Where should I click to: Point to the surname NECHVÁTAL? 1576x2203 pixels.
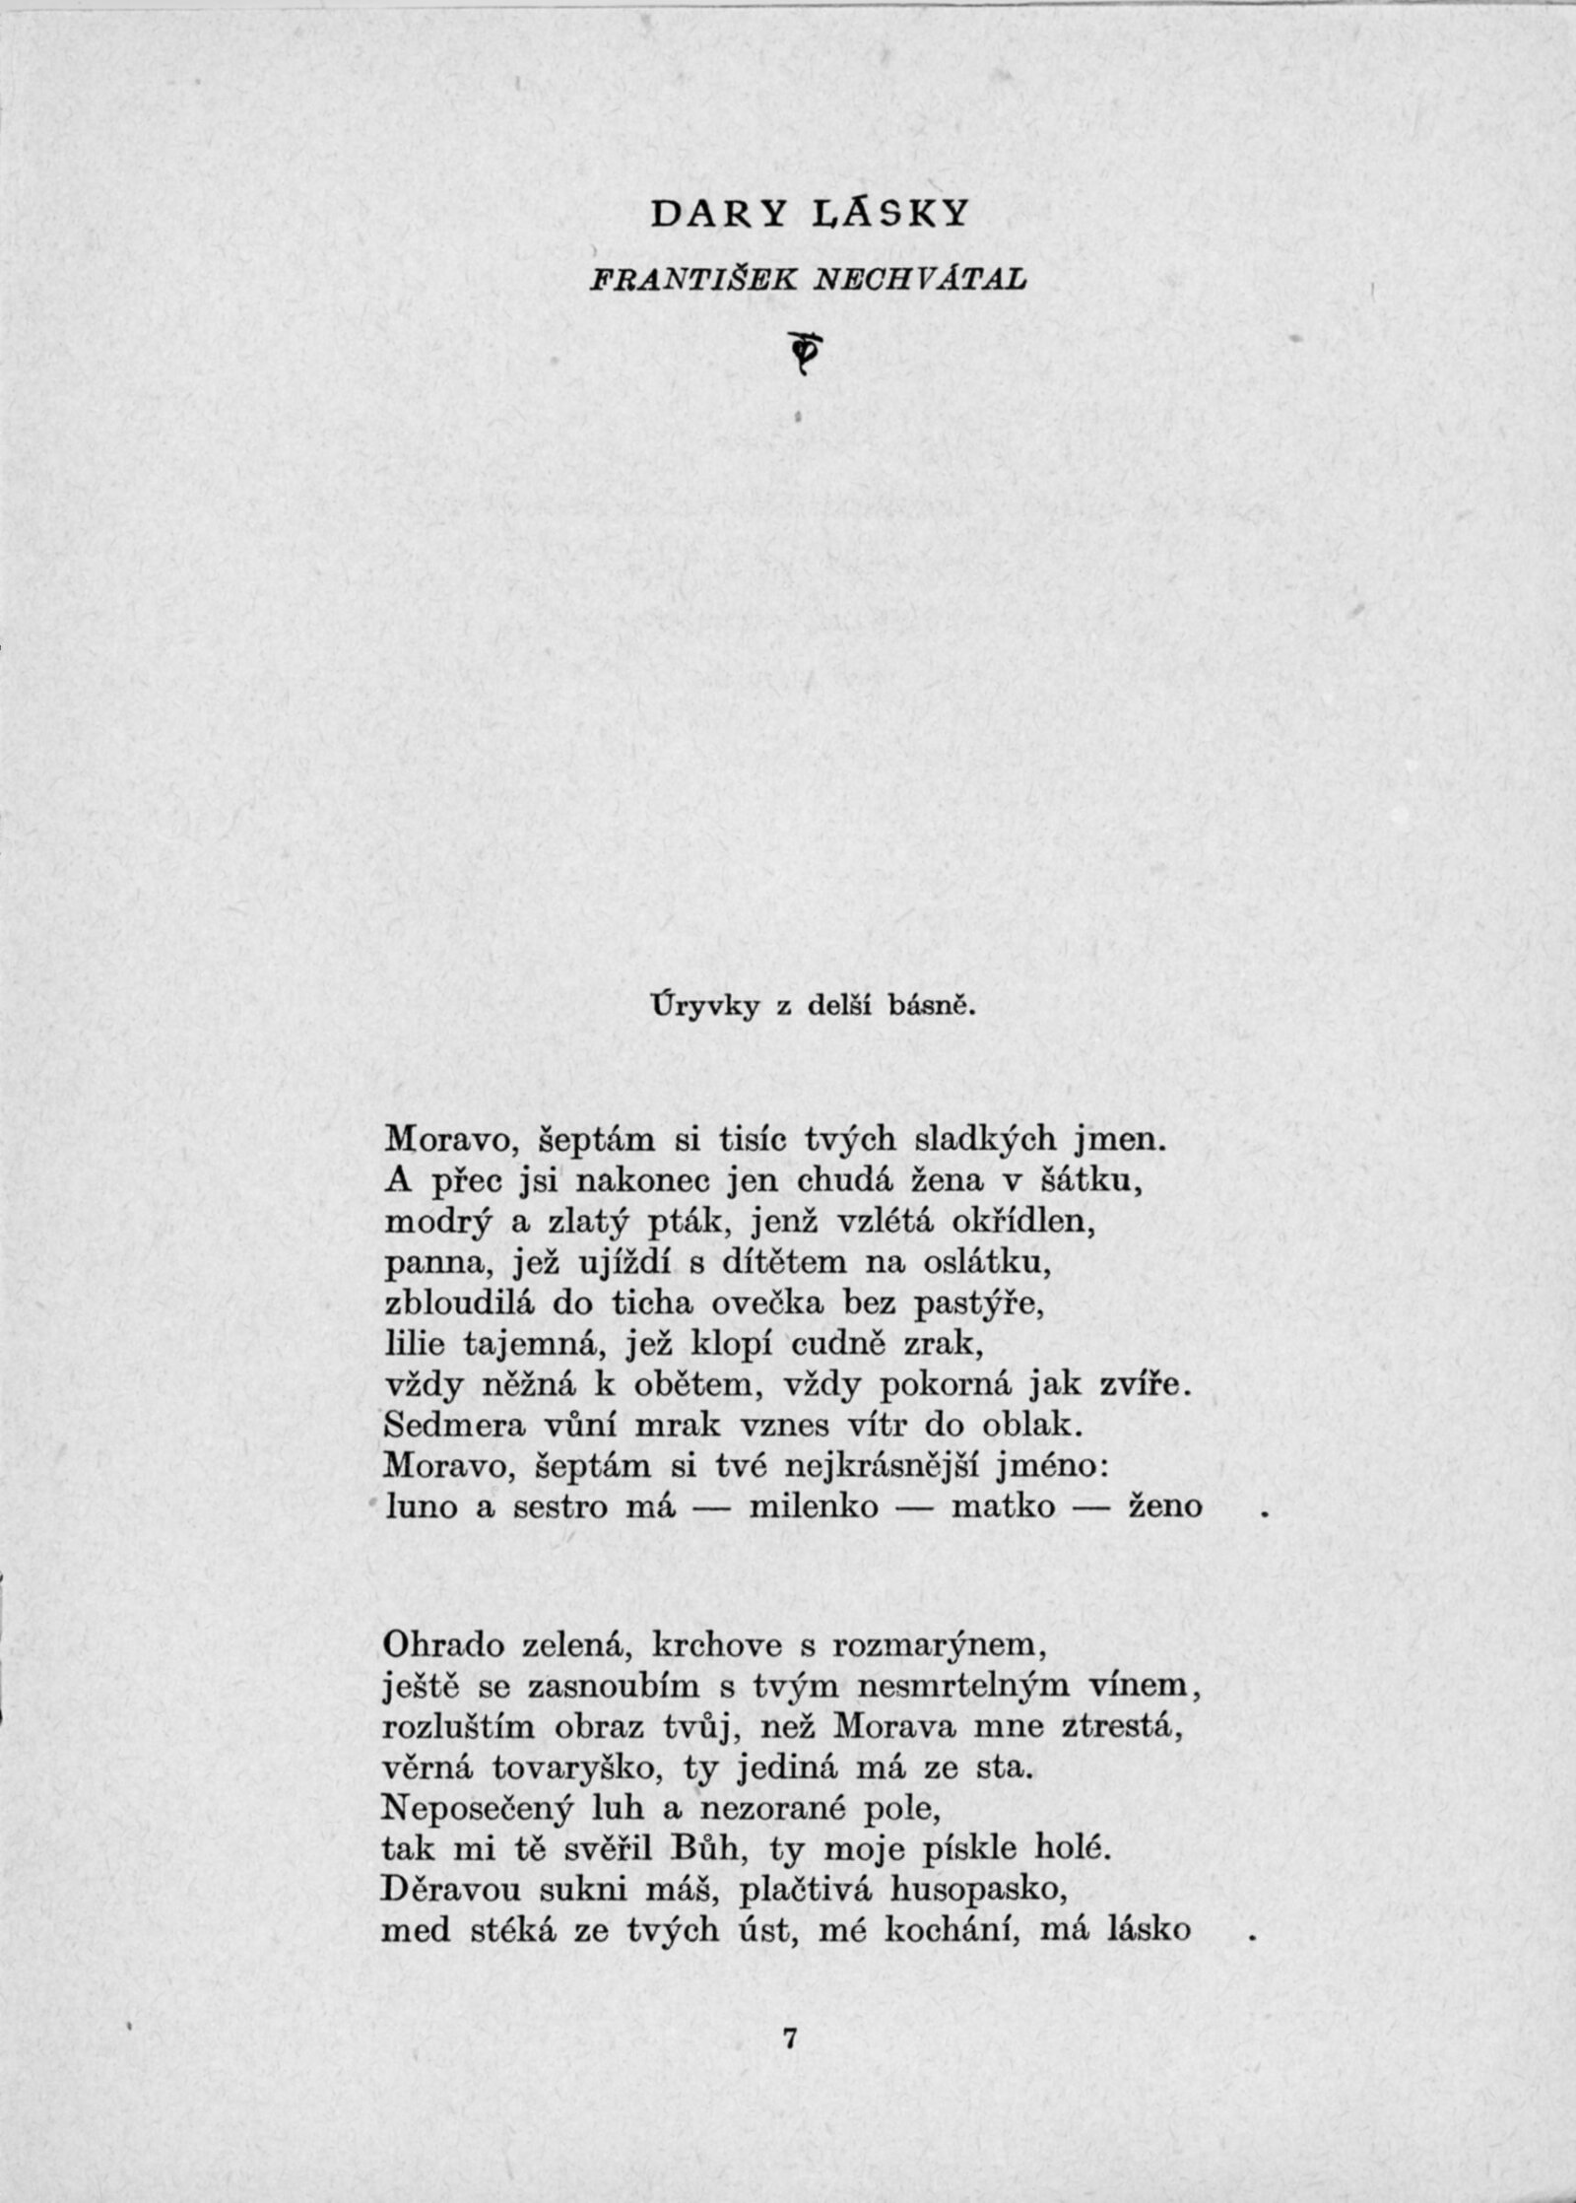point(918,280)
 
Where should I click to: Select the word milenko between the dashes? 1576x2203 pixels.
point(814,1507)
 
